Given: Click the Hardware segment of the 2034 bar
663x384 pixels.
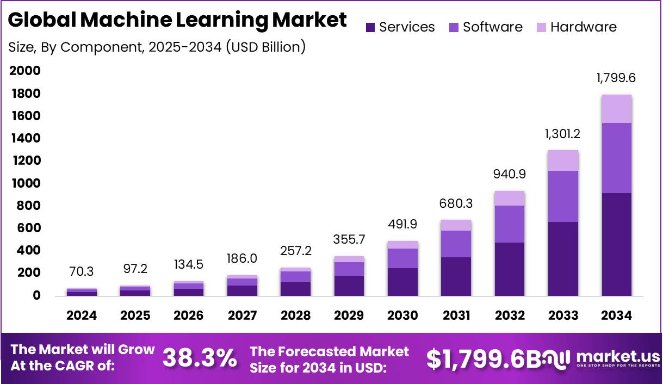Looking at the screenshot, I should (616, 109).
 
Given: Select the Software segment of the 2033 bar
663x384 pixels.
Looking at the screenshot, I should (563, 196).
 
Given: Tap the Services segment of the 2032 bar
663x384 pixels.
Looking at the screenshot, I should (509, 269).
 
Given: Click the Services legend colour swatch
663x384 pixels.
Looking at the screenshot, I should (371, 27).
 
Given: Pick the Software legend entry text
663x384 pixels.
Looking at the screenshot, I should (493, 27).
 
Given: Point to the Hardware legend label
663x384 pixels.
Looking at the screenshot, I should (584, 27).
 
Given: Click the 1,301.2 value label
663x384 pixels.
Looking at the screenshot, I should (563, 134).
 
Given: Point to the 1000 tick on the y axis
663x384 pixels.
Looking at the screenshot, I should (25, 183).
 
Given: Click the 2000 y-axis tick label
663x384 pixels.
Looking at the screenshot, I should (25, 71).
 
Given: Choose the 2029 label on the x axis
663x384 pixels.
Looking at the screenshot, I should (349, 315).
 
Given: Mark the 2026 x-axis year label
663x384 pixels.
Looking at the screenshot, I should (188, 315).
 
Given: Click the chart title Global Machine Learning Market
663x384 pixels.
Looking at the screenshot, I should (177, 20).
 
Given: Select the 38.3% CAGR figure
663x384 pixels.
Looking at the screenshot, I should (200, 358).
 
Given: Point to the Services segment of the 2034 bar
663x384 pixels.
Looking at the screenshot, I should (616, 245).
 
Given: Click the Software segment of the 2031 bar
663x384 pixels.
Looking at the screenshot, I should (456, 244).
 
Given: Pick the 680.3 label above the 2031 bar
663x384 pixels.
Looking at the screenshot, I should (456, 203).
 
